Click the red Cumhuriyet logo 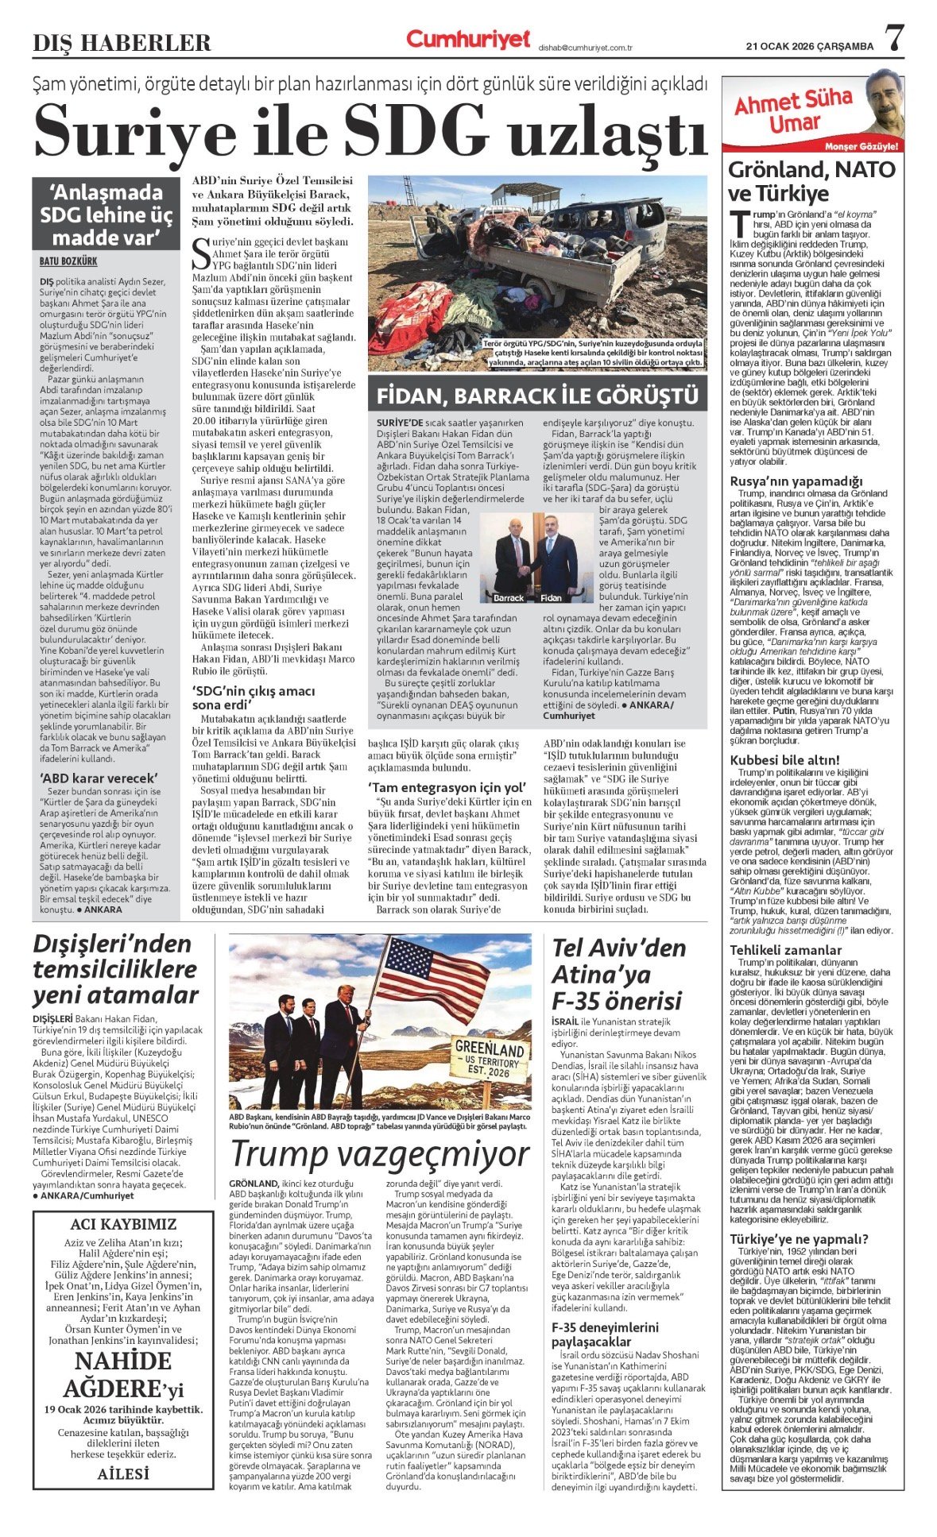[x=467, y=39]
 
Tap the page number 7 [x=895, y=38]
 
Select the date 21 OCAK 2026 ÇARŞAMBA [x=809, y=46]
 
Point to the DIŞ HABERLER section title [x=122, y=42]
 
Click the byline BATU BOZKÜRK [x=68, y=261]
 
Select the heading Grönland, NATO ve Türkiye [x=811, y=181]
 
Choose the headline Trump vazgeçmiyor [x=380, y=1154]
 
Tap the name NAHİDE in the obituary [x=122, y=1361]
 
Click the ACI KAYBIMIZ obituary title [x=122, y=1224]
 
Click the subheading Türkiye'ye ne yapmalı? [x=799, y=1238]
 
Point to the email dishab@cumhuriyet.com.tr [x=584, y=48]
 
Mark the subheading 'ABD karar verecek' [x=99, y=778]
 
